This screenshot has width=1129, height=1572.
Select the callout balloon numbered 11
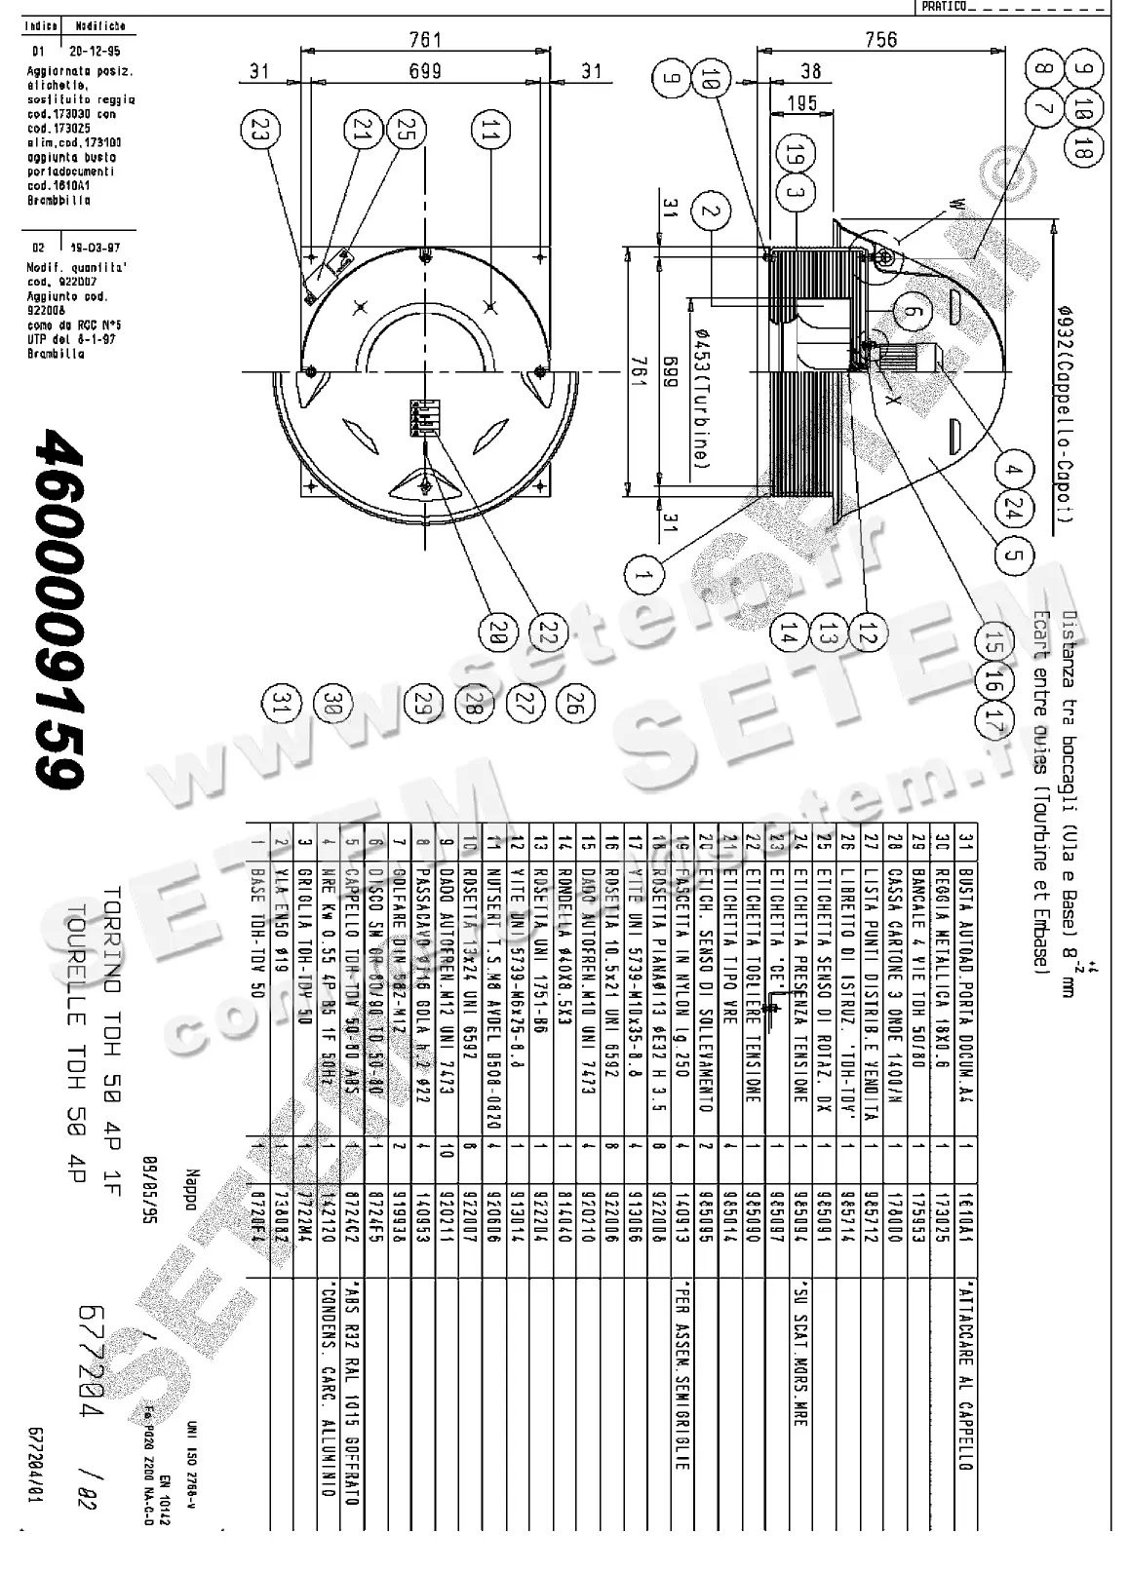point(490,131)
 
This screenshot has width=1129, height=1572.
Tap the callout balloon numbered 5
point(1013,555)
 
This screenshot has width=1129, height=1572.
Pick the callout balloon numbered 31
point(283,704)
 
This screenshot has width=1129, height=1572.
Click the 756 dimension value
point(880,40)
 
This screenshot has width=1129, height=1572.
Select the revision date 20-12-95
point(102,51)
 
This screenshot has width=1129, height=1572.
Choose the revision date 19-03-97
point(102,248)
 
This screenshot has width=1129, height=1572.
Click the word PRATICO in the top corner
point(943,7)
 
